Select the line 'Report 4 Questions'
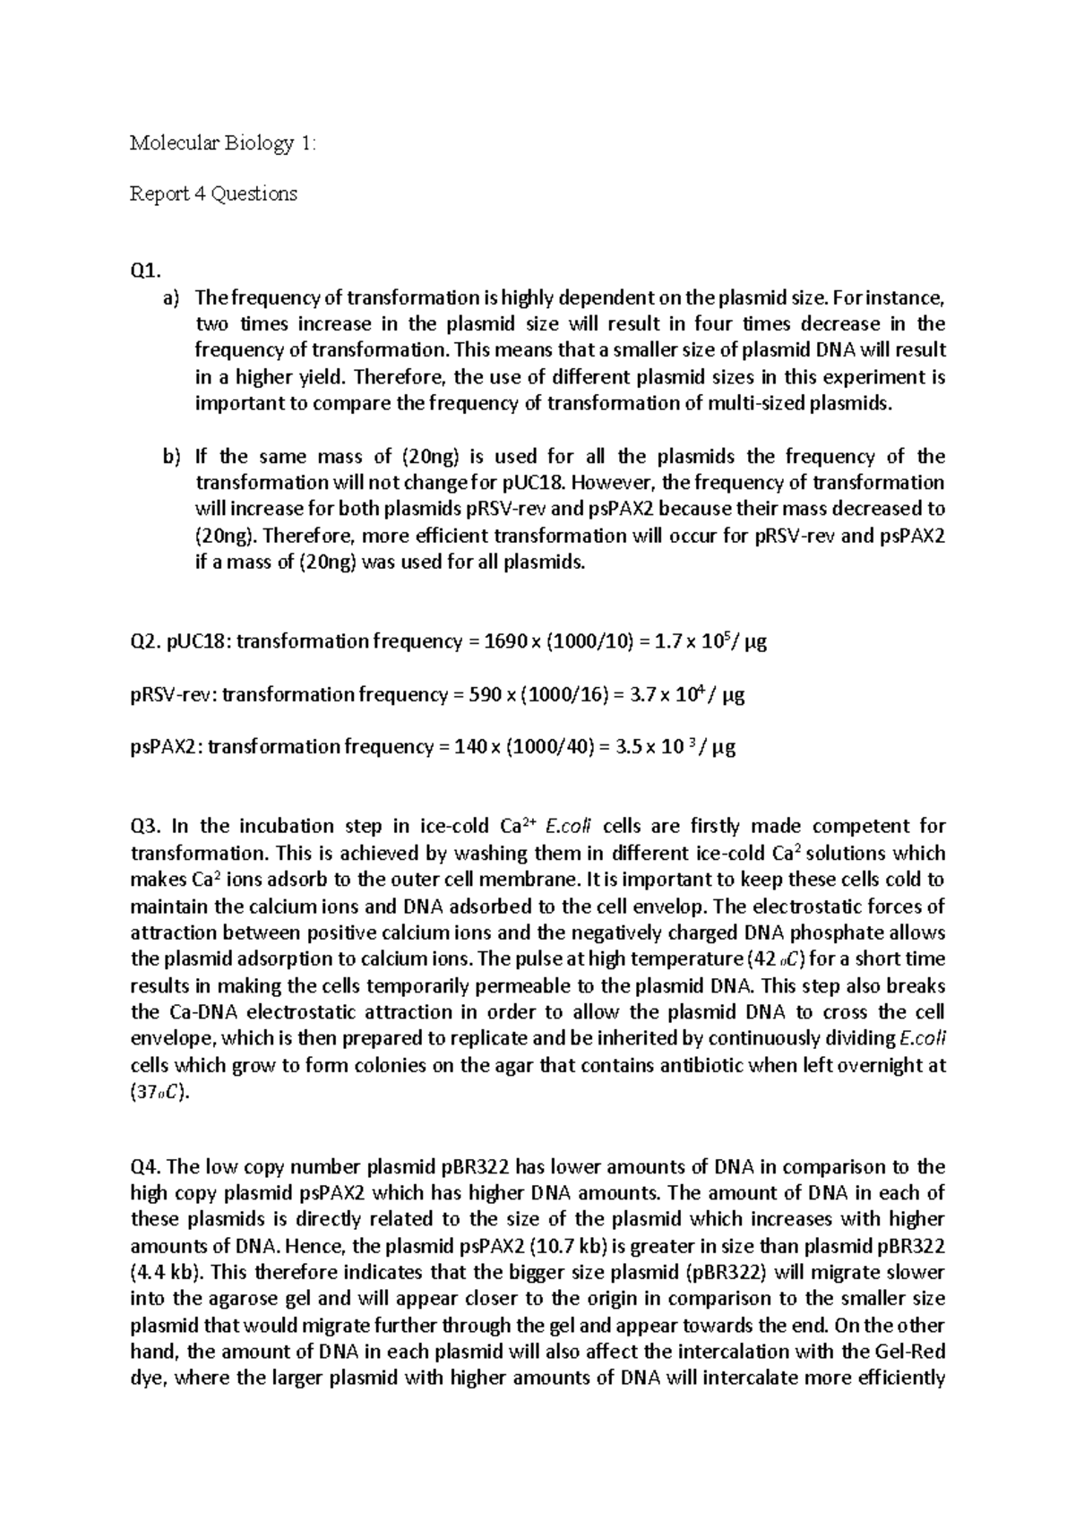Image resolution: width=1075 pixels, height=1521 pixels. [x=213, y=193]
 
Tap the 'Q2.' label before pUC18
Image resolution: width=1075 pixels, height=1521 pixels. [x=145, y=641]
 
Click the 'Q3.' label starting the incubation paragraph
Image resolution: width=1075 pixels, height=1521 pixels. [x=146, y=826]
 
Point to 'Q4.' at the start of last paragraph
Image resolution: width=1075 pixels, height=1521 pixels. [x=146, y=1167]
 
